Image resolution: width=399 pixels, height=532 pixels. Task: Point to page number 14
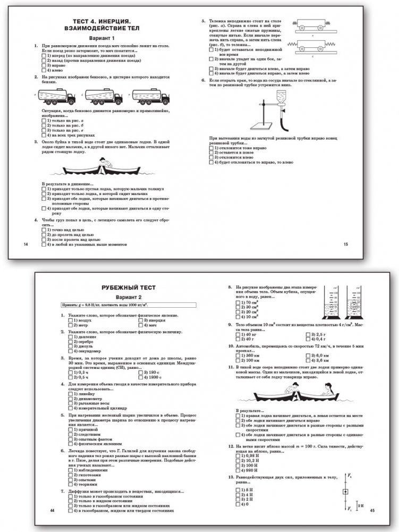click(21, 244)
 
